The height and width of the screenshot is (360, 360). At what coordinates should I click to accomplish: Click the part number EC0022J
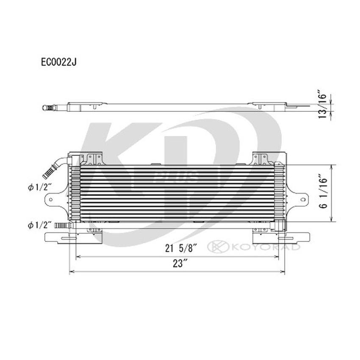click(58, 62)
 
